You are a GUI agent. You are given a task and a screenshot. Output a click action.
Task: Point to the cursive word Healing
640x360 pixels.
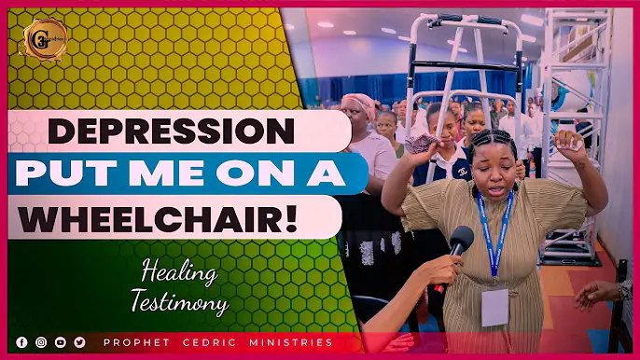click(x=180, y=273)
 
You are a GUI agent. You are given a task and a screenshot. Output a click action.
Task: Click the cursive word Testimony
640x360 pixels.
click(x=185, y=303)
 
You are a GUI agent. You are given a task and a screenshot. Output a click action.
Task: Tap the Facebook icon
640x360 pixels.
click(x=21, y=342)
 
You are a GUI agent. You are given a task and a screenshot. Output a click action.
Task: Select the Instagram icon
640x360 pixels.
click(x=41, y=342)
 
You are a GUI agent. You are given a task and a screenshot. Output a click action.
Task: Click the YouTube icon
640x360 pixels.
click(x=61, y=342)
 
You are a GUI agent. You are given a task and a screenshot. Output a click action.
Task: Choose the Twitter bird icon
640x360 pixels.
click(x=79, y=342)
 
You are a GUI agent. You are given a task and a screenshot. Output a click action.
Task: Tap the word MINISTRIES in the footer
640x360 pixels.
click(x=291, y=342)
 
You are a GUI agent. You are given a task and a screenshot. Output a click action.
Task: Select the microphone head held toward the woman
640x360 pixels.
click(x=462, y=240)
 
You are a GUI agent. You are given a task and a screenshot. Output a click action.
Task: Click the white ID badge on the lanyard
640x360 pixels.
click(x=494, y=305)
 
